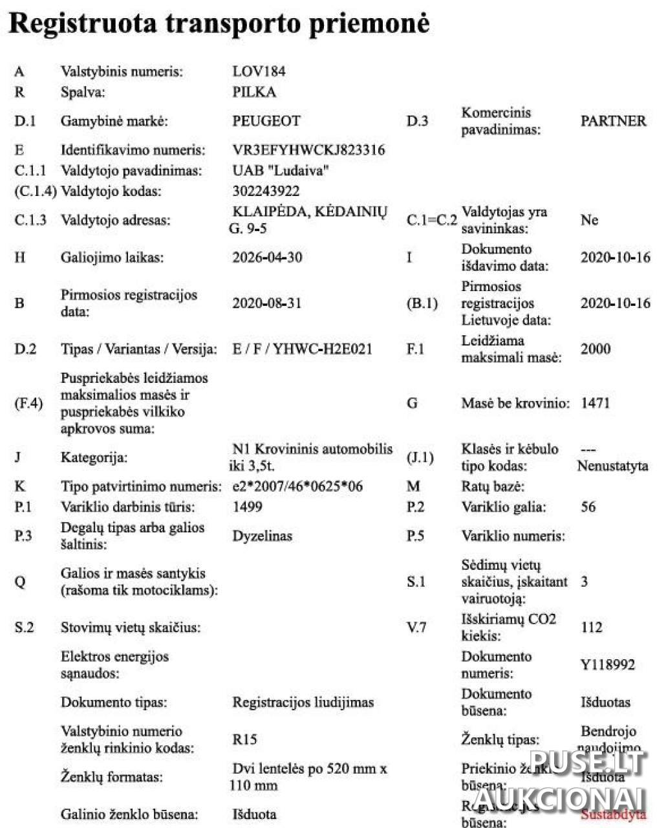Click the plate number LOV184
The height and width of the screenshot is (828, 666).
click(259, 71)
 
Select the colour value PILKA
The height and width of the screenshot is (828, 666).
click(254, 92)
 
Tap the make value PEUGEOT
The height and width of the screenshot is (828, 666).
click(266, 121)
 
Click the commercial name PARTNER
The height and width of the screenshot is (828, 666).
click(613, 121)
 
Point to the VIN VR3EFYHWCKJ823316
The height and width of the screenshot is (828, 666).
click(308, 150)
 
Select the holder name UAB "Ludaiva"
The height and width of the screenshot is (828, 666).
click(281, 171)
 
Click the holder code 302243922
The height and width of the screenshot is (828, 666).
click(266, 191)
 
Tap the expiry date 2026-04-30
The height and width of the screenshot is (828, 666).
click(267, 257)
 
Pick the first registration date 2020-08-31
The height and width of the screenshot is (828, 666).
click(267, 303)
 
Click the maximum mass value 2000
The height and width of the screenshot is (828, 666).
click(596, 349)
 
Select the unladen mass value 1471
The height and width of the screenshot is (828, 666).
click(596, 403)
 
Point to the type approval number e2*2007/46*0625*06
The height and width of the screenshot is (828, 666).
click(297, 486)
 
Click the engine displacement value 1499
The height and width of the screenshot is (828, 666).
click(247, 507)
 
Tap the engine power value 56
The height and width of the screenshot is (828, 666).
click(588, 507)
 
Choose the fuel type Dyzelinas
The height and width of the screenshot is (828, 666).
click(263, 536)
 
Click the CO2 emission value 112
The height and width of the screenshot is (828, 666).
click(592, 627)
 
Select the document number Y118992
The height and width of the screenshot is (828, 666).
click(608, 665)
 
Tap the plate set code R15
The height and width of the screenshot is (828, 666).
click(244, 739)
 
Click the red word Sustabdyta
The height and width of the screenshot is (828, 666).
click(614, 814)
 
